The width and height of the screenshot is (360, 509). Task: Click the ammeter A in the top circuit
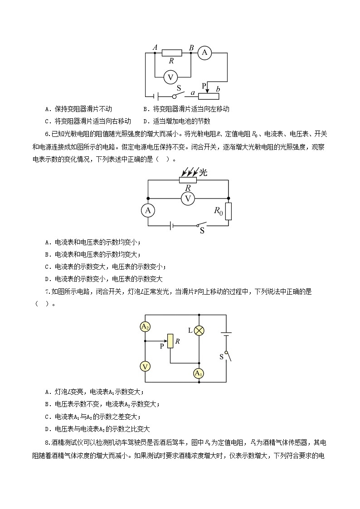pos(205,53)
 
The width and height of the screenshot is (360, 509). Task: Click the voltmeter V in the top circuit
pos(170,78)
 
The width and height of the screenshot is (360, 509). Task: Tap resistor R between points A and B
pos(172,53)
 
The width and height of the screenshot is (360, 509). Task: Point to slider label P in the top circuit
pos(204,85)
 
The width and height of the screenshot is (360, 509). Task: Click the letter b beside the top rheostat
pos(218,88)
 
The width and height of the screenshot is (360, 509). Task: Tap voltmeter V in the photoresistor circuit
pos(187,198)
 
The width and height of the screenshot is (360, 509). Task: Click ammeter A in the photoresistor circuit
pos(147,210)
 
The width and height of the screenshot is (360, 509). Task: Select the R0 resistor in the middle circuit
pos(228,211)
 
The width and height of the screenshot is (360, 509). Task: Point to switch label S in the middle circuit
pos(202,230)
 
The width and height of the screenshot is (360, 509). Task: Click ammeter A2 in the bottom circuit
pos(145,327)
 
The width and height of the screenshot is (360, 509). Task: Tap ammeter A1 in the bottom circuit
pos(199,373)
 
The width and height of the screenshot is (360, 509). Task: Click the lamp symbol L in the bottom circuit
pos(199,330)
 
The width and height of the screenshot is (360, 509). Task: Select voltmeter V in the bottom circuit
pos(145,366)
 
